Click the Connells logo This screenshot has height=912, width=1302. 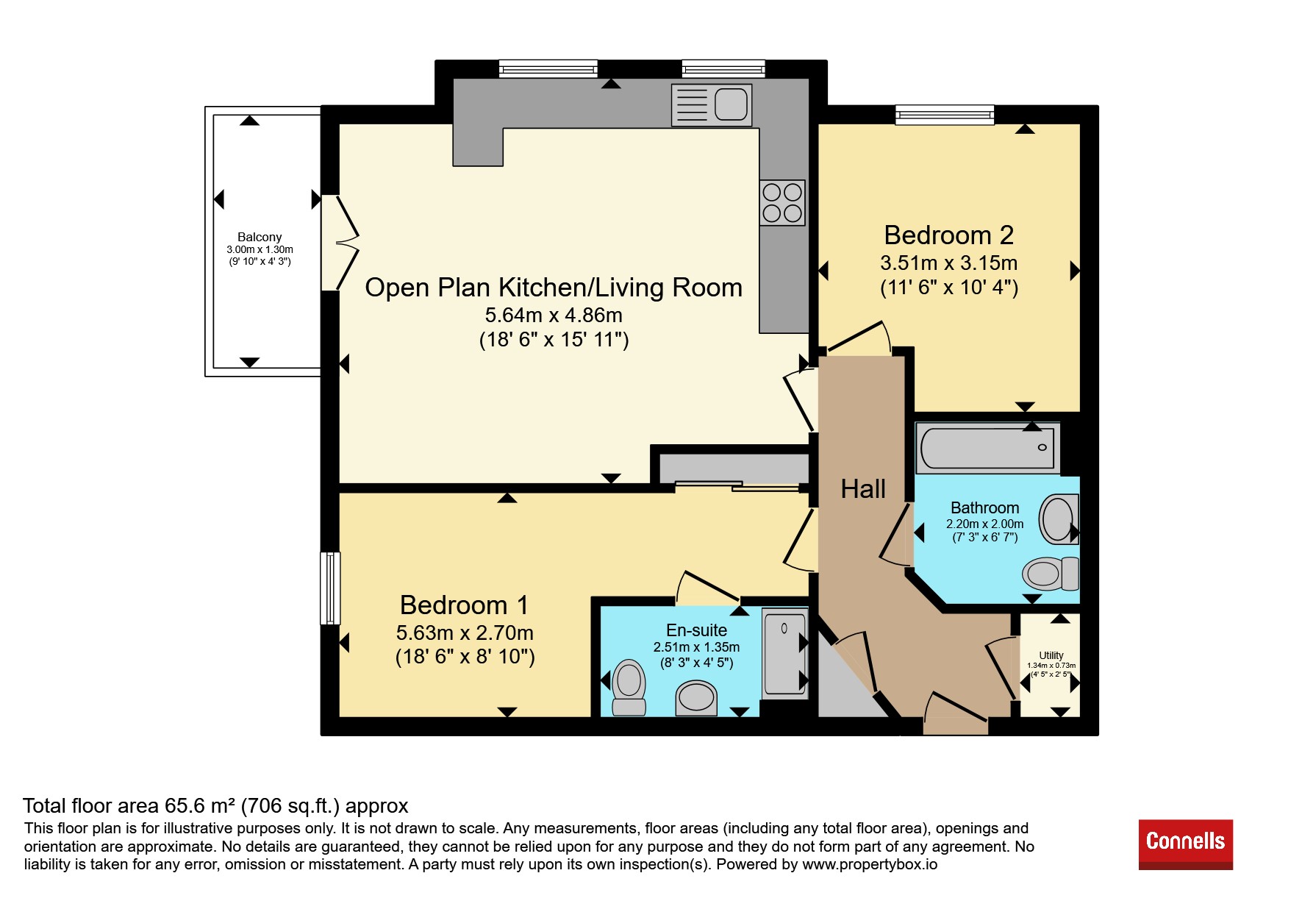coord(1185,844)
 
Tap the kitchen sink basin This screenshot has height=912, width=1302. coord(731,104)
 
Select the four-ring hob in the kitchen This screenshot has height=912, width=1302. coord(782,203)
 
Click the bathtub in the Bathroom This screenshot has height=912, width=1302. coord(987,447)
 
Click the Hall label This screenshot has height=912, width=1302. coord(863,489)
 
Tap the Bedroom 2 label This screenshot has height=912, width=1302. coord(948,235)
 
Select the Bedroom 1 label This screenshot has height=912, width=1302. coord(464,605)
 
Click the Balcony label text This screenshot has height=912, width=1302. coord(260,237)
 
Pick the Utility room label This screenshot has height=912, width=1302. coord(1051,655)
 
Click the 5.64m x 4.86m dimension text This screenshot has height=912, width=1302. coord(554,315)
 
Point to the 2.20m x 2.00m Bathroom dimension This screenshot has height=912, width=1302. coord(985,524)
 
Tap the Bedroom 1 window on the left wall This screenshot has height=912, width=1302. coord(330,588)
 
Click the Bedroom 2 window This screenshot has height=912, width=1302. coord(945,115)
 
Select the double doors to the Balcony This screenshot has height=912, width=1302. coord(340,242)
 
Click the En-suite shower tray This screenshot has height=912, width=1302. coord(785,652)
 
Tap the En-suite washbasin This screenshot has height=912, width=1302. coord(696,697)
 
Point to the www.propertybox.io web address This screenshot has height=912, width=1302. coord(870,864)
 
